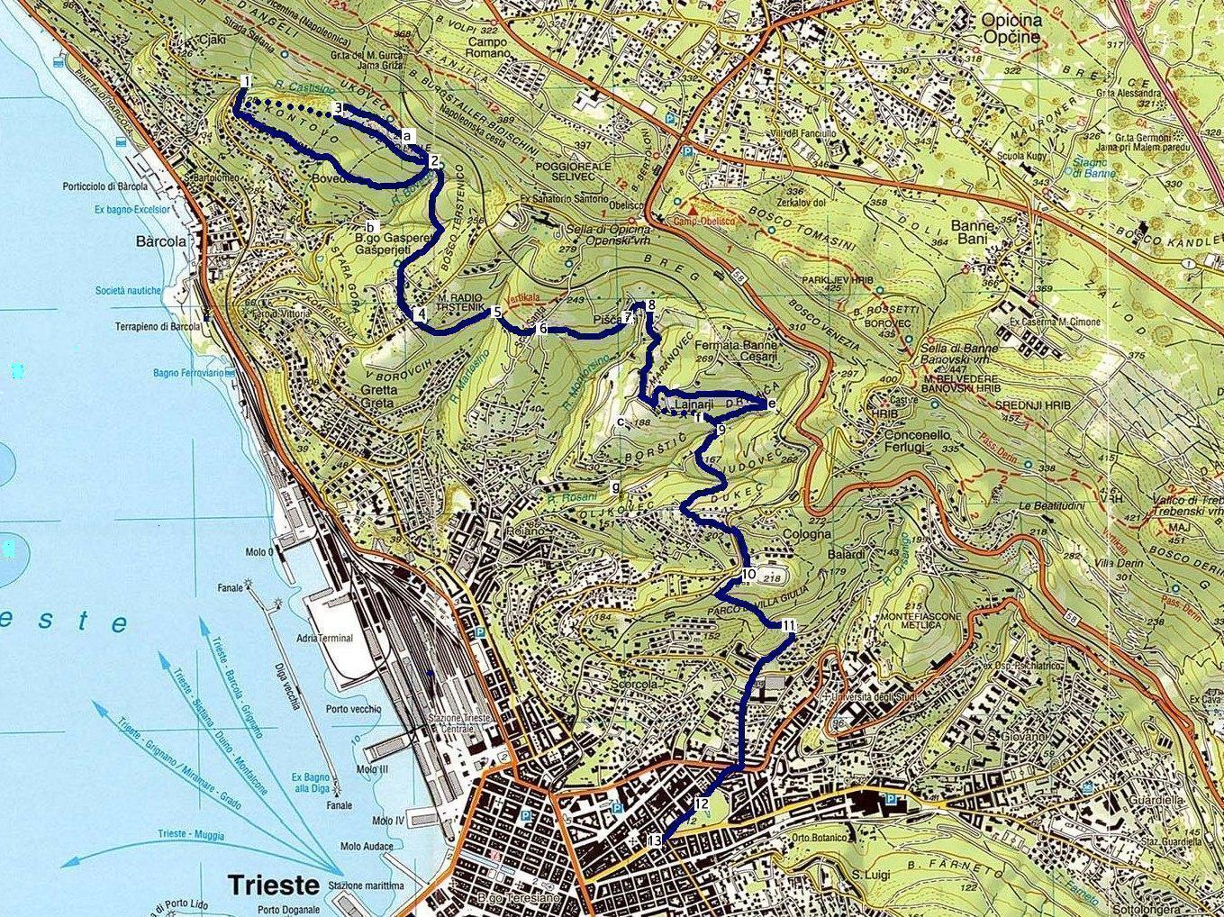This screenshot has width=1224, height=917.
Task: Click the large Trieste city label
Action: pyautogui.click(x=273, y=885)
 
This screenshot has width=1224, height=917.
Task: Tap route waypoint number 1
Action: pyautogui.click(x=245, y=82)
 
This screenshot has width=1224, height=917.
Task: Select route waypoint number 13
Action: pyautogui.click(x=655, y=840)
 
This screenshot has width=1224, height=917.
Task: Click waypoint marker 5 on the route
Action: pyautogui.click(x=496, y=312)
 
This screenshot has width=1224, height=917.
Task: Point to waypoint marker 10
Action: pyautogui.click(x=748, y=574)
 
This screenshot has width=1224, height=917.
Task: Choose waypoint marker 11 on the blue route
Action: pyautogui.click(x=789, y=625)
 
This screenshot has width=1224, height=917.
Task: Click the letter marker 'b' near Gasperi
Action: pyautogui.click(x=370, y=225)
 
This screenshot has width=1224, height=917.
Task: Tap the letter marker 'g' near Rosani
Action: pyautogui.click(x=615, y=487)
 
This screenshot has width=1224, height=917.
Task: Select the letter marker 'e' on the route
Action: pyautogui.click(x=772, y=404)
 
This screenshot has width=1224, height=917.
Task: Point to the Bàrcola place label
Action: pyautogui.click(x=160, y=241)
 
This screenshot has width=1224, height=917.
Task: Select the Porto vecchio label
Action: pyautogui.click(x=354, y=709)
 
